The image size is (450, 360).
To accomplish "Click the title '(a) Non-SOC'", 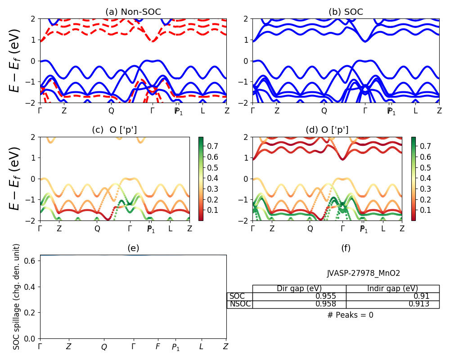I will [x=133, y=12].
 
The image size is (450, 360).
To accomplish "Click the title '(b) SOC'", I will [x=346, y=12].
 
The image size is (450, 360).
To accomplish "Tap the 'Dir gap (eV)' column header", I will [x=299, y=288].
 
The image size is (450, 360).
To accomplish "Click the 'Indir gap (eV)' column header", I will [x=392, y=288].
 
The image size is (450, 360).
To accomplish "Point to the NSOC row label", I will [x=240, y=304].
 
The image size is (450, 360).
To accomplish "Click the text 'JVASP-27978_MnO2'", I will [x=363, y=273].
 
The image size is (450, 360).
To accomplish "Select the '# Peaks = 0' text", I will [x=350, y=315].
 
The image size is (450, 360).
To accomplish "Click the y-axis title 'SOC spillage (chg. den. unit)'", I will [x=17, y=296].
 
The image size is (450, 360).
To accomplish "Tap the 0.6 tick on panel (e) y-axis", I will [x=31, y=261].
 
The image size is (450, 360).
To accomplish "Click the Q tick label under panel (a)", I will [x=111, y=111].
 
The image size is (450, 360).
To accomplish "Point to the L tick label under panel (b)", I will [x=415, y=111].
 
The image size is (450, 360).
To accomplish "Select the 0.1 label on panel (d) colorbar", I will [x=425, y=210].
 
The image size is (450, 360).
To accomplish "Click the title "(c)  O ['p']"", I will [x=114, y=130].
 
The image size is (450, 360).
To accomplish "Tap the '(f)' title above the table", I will [x=346, y=248].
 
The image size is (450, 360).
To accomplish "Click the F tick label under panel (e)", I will [x=158, y=346].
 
